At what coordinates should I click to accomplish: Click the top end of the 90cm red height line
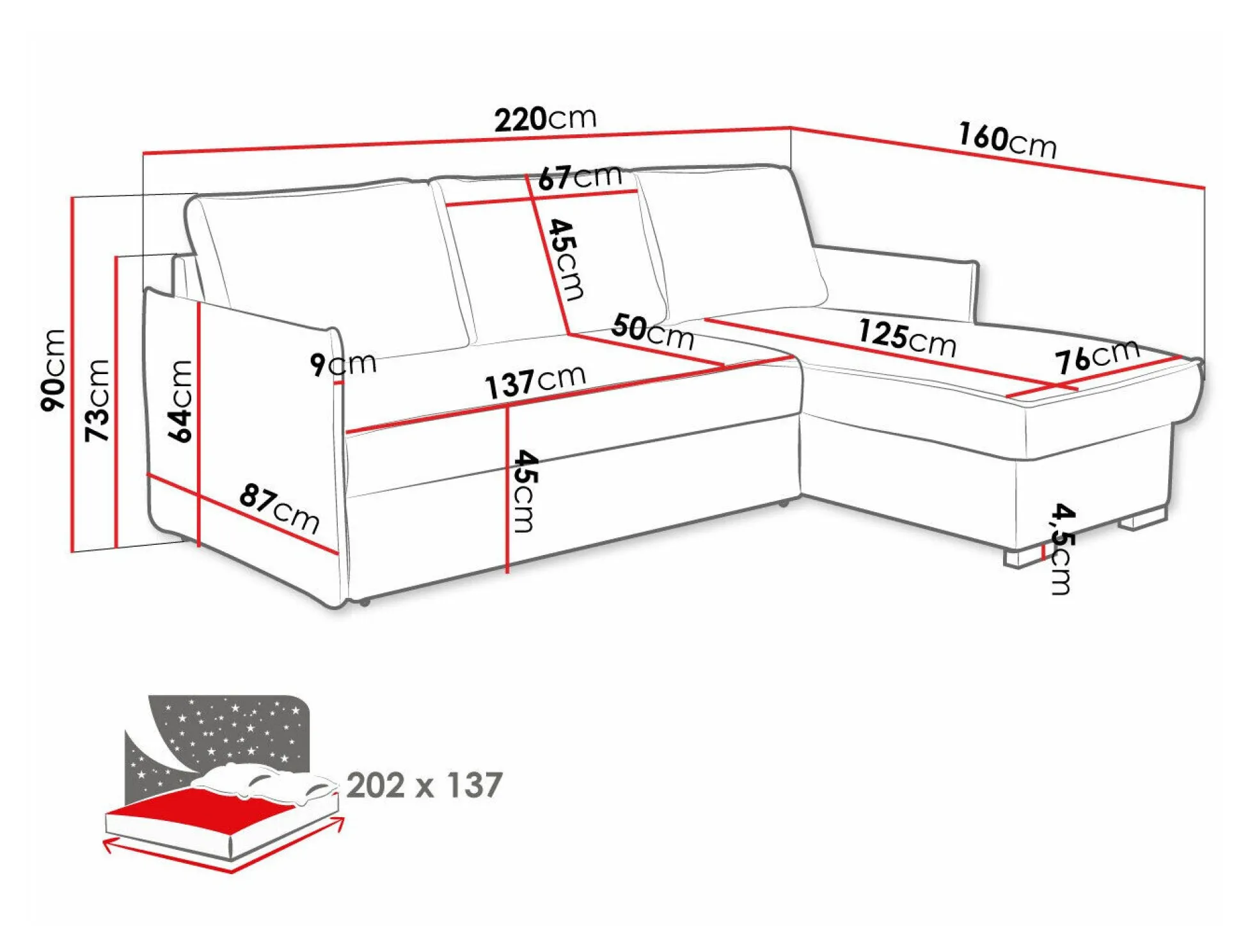(72, 198)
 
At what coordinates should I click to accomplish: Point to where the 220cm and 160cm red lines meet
(791, 128)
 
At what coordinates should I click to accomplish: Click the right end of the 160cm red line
(1205, 187)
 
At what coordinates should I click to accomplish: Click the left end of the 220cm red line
(143, 153)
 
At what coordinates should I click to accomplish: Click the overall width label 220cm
(545, 118)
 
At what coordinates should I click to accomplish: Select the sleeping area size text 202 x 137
(424, 785)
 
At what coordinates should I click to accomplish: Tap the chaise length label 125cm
(907, 337)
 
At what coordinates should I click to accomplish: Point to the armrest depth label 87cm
(280, 508)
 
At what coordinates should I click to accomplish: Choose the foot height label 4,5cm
(1062, 549)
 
